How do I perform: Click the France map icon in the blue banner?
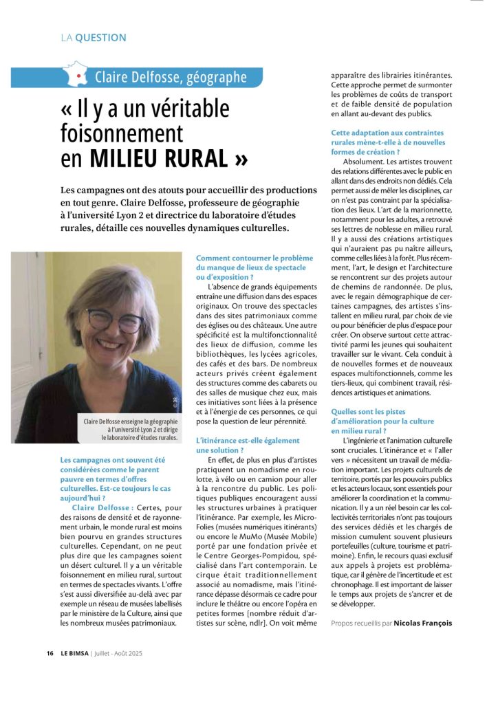click(75, 74)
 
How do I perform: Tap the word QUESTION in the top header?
click(101, 38)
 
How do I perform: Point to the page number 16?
click(50, 653)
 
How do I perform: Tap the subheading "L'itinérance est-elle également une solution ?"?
click(248, 444)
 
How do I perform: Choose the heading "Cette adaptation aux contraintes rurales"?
click(388, 142)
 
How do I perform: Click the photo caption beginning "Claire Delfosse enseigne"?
click(131, 428)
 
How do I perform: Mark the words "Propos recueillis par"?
click(361, 624)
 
